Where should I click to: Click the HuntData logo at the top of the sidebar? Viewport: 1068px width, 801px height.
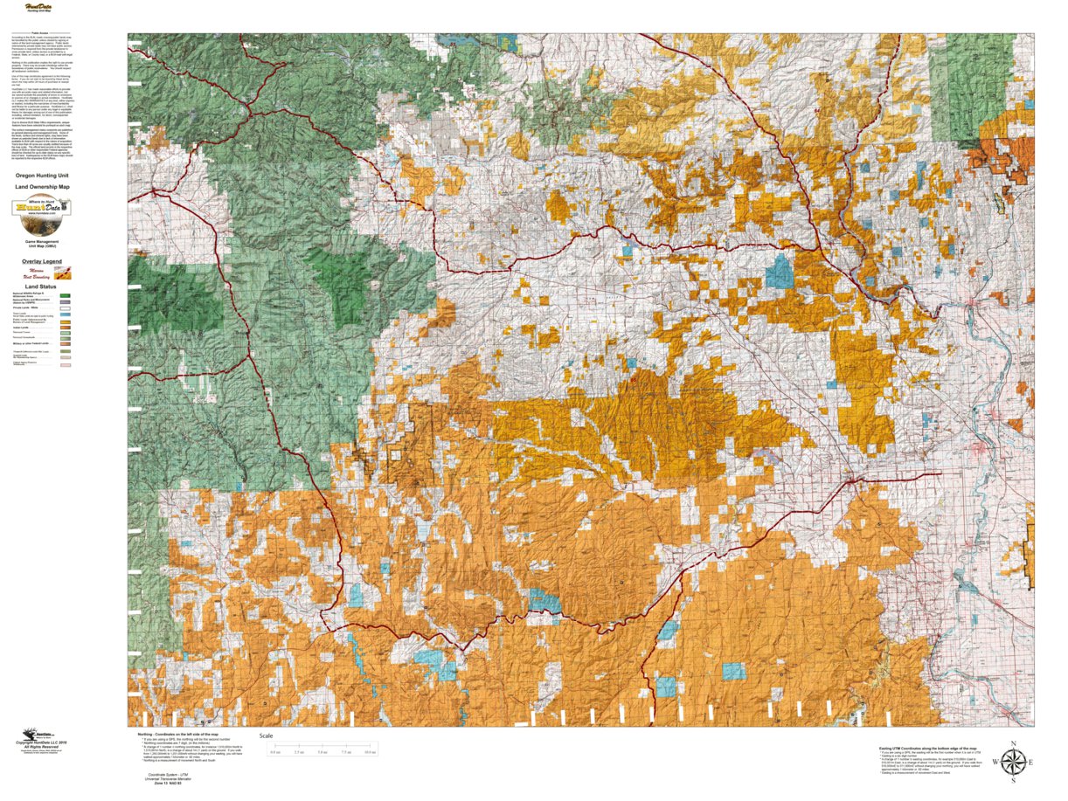39,8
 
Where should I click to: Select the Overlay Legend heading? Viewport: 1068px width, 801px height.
42,261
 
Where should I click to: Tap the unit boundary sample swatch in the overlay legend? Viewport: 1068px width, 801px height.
63,273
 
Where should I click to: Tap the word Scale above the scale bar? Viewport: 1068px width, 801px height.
266,735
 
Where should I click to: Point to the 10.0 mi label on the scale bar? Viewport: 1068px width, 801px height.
370,752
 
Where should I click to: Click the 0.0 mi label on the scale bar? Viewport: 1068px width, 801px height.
275,752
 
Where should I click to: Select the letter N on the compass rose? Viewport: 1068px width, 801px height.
1012,743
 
